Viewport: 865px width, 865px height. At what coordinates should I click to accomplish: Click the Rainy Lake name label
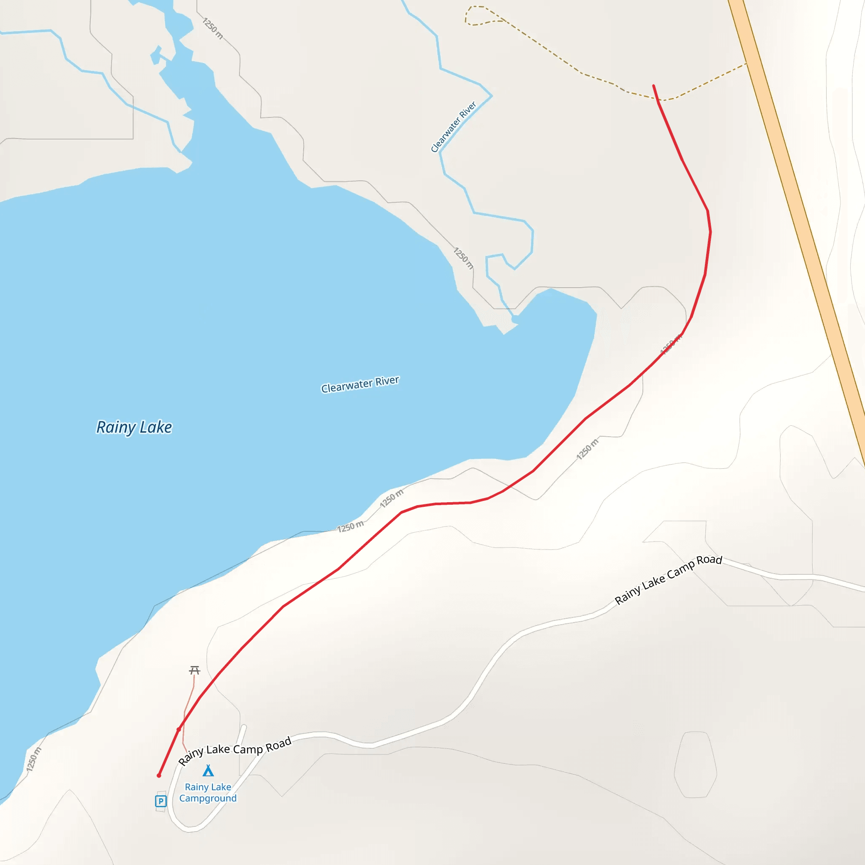click(134, 427)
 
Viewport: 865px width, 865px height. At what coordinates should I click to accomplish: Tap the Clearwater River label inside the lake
click(359, 384)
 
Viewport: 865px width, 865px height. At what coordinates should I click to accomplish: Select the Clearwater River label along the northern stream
click(453, 127)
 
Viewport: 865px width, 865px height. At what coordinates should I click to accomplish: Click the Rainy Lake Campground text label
click(208, 792)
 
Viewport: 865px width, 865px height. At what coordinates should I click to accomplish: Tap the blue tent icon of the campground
click(208, 770)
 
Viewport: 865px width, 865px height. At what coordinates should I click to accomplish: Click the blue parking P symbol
click(161, 801)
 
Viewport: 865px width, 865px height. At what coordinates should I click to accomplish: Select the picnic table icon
click(194, 670)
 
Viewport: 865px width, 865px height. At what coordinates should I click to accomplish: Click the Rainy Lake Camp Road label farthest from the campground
click(668, 580)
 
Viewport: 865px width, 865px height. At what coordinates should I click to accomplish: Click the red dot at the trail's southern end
click(159, 775)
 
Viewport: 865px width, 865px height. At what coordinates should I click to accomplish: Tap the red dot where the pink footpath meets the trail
click(179, 729)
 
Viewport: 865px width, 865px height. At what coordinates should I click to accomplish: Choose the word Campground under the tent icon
click(208, 798)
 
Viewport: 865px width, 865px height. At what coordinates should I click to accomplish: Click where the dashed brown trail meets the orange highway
click(746, 64)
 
